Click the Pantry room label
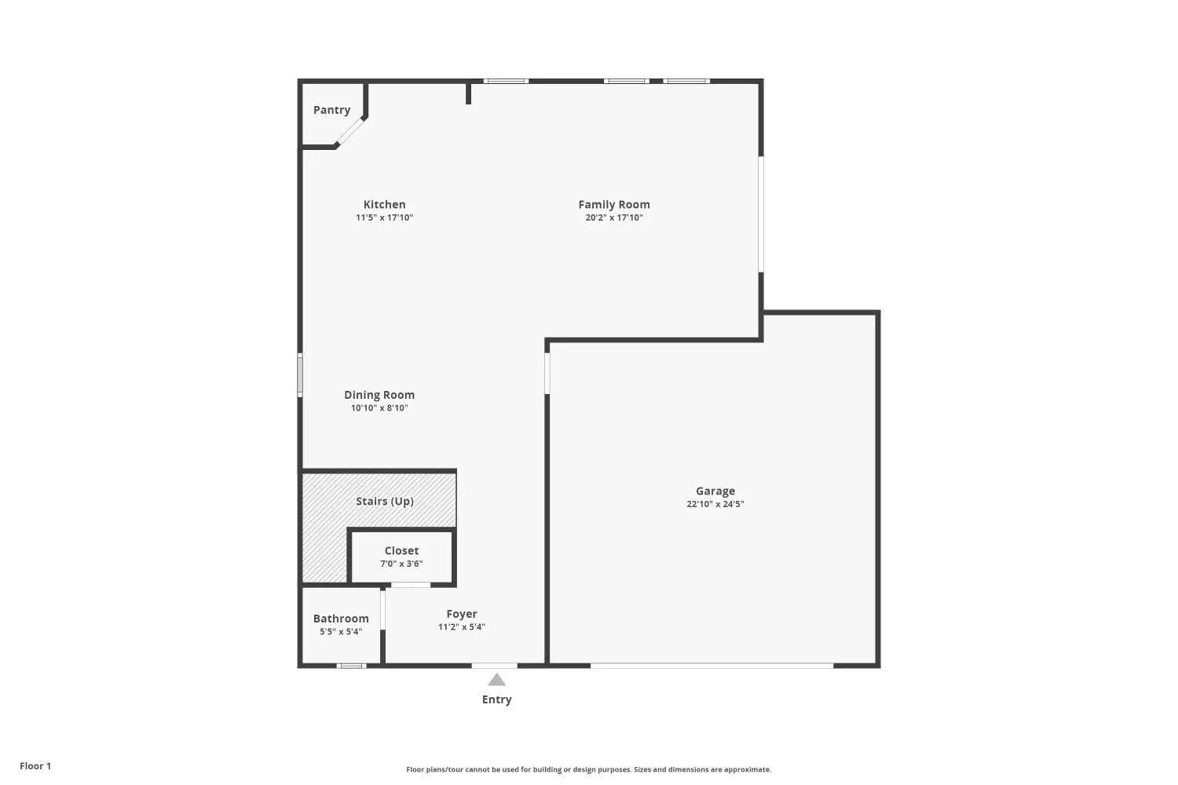[331, 110]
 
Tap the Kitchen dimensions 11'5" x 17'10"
[385, 217]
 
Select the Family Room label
[613, 205]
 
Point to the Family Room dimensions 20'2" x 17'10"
[613, 217]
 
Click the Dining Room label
[379, 395]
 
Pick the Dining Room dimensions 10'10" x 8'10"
[379, 408]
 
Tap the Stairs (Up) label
[385, 501]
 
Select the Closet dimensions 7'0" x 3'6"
[401, 564]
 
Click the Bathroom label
[341, 619]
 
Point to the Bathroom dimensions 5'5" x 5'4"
[341, 631]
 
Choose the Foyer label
[462, 614]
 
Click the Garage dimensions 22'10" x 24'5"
[715, 504]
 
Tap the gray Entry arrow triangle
[496, 681]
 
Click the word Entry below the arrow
[496, 699]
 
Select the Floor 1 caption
[35, 766]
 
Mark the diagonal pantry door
[349, 131]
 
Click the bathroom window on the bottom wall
[351, 666]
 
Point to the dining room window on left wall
[300, 375]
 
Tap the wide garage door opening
[712, 666]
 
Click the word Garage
[715, 491]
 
